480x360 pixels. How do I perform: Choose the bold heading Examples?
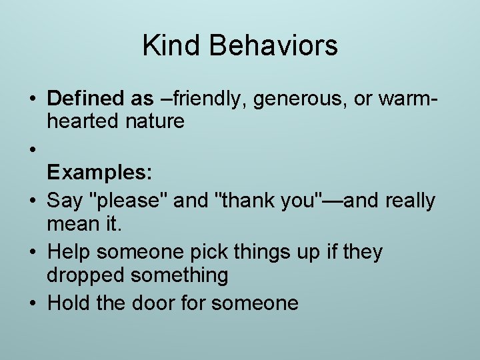pos(100,173)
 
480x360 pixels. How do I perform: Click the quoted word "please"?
pos(133,201)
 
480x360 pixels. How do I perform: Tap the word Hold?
pos(69,303)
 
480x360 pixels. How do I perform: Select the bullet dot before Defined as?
pos(32,99)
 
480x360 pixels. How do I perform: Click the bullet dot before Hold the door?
pos(32,304)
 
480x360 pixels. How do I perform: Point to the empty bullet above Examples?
pos(32,149)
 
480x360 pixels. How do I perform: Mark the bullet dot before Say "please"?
pos(32,201)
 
